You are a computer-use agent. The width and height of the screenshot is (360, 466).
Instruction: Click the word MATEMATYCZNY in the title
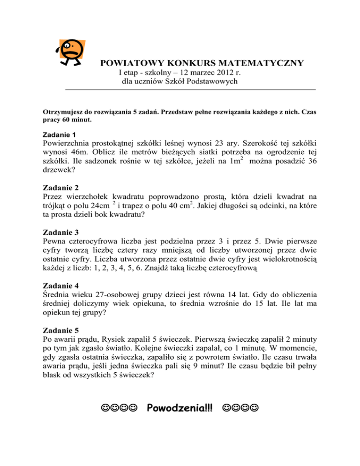tap(257, 63)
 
